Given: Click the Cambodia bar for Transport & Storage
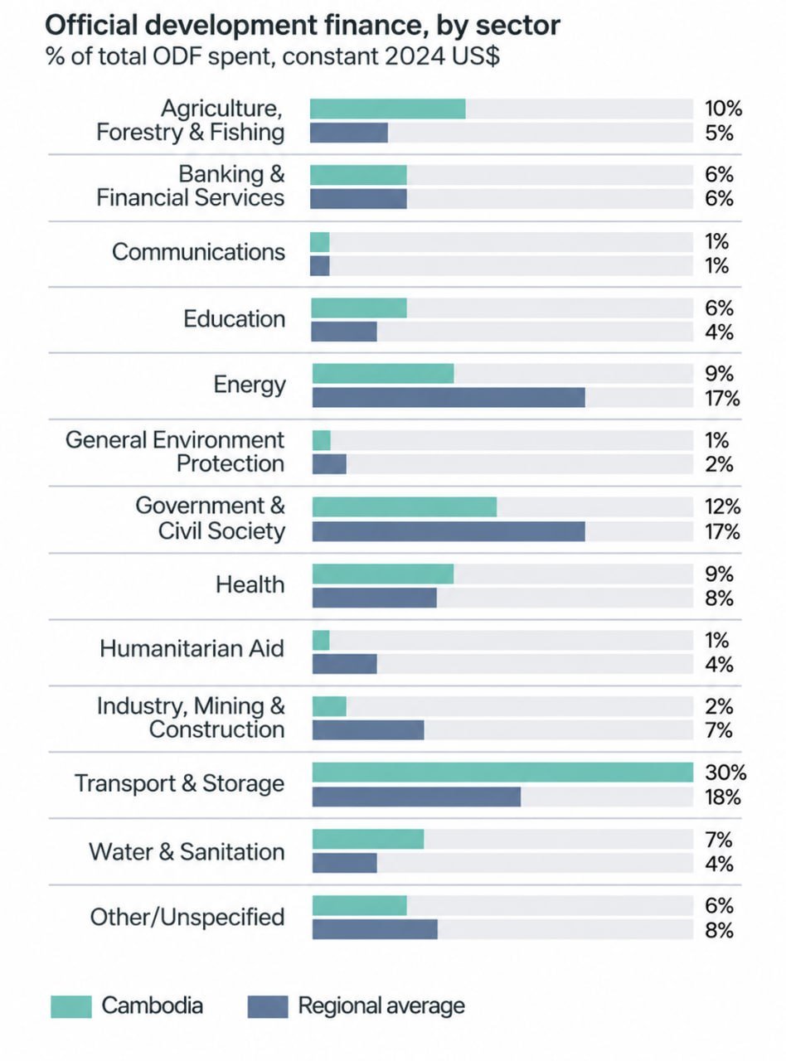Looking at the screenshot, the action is [502, 773].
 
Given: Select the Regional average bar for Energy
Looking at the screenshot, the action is [449, 398].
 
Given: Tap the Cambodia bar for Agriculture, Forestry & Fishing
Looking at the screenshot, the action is [388, 109].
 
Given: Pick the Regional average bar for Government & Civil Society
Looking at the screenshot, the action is [449, 531].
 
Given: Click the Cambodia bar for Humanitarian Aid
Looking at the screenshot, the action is [321, 641].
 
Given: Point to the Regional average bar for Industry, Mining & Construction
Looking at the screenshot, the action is [368, 730].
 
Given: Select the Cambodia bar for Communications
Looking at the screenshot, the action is [320, 242].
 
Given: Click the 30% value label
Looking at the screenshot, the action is [725, 773].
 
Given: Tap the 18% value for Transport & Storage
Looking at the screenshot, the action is [722, 797].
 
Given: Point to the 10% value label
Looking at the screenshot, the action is [723, 109].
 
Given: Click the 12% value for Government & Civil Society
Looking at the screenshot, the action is [722, 507].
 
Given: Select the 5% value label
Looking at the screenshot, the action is [719, 133].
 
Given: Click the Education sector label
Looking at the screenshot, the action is [234, 319].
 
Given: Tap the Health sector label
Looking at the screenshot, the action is [250, 584].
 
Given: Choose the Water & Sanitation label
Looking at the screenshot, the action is [187, 852].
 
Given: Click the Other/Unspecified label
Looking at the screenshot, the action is [187, 918].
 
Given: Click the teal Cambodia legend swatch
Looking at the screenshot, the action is [70, 1006].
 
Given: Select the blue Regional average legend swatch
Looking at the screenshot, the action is [268, 1006].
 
